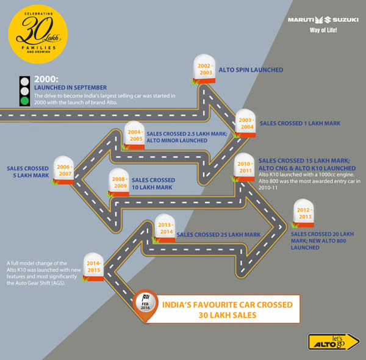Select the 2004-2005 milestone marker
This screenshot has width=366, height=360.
134,134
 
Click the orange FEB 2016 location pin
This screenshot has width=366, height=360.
144,303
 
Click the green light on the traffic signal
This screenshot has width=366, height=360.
24,101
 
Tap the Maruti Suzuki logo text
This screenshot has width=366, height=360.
321,20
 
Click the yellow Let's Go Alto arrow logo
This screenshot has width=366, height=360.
330,342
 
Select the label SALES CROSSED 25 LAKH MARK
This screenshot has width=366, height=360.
218,234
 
